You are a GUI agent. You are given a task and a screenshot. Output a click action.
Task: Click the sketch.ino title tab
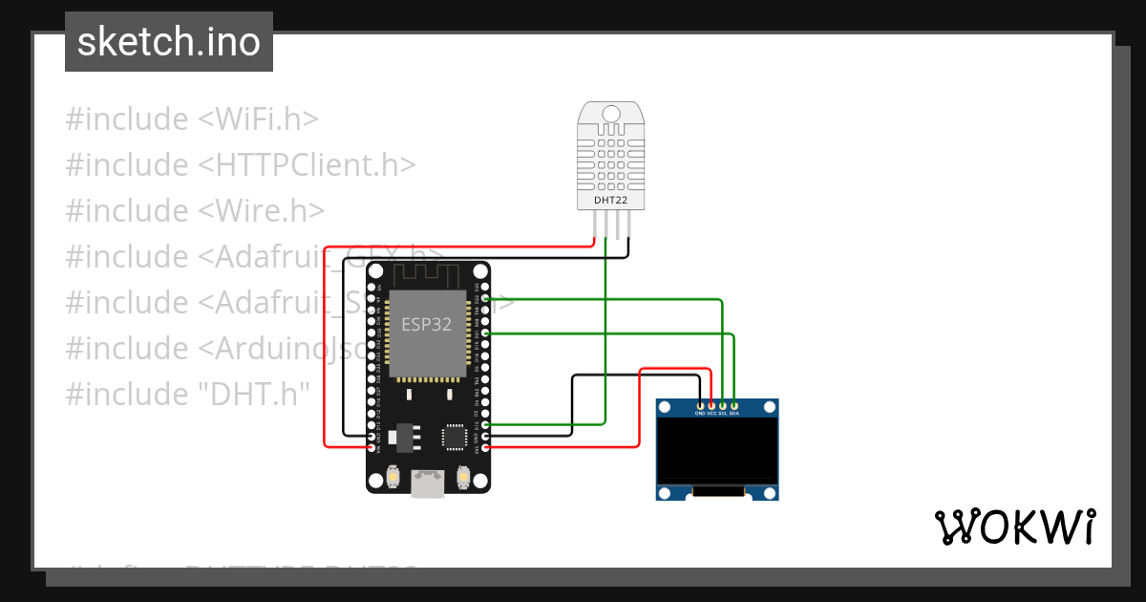coord(169,42)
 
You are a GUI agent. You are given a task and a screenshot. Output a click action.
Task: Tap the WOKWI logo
coord(1014,527)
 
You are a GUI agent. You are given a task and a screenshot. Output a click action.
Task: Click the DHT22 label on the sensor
coord(611,200)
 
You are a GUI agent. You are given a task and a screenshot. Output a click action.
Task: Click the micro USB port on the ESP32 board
coord(428,484)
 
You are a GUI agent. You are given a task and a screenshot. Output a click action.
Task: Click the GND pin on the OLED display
coord(700,407)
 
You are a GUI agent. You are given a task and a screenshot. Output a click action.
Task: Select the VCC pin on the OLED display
coord(711,407)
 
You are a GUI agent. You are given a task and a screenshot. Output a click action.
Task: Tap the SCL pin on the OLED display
coord(723,407)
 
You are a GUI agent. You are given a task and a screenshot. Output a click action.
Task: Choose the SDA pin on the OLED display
coord(734,407)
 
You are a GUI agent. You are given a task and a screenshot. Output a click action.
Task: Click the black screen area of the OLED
coord(717,449)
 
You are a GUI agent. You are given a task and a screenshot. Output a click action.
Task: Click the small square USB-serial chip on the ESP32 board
coord(455,437)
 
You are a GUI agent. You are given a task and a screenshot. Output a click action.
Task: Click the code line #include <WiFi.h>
coord(192,119)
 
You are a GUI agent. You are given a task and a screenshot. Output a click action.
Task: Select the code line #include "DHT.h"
coord(187,393)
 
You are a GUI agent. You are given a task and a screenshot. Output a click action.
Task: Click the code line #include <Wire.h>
coord(195,211)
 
